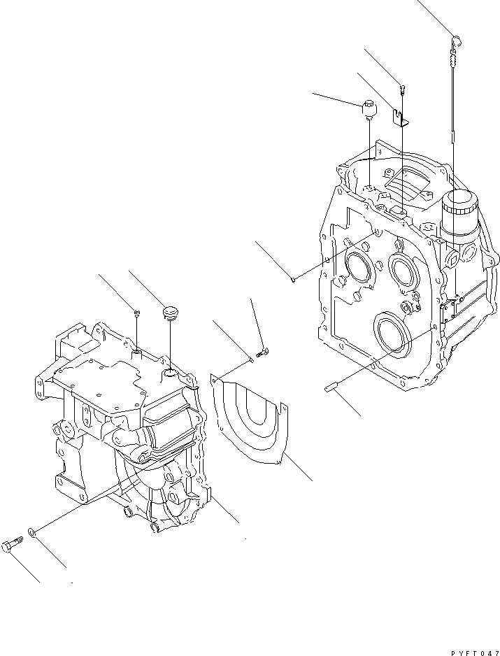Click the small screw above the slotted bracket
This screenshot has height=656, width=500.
click(403, 89)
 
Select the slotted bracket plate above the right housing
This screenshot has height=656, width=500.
click(401, 116)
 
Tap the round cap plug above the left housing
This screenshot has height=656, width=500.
click(169, 311)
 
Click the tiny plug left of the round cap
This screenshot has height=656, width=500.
click(137, 312)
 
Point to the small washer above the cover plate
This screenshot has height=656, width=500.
click(250, 359)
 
